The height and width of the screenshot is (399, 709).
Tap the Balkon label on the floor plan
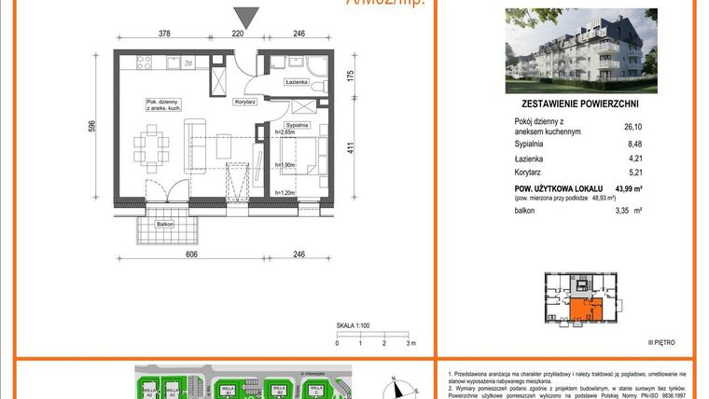click(x=164, y=224)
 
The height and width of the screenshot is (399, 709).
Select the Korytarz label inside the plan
click(x=246, y=100)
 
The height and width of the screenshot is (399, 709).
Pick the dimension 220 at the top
click(x=238, y=34)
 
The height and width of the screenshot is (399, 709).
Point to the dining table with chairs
click(x=150, y=146)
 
